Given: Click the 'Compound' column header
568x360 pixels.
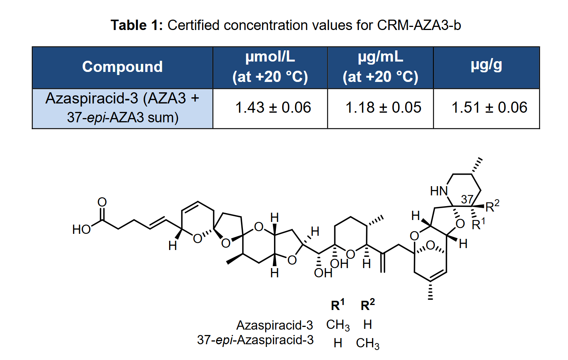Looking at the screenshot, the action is click(122, 67).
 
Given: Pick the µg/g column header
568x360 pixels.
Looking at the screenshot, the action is click(487, 65).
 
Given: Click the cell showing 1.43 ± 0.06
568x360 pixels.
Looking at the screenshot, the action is click(273, 107).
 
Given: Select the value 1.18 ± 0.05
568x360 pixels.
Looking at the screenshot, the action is click(383, 107).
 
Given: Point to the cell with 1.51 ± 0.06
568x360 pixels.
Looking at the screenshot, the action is click(489, 107).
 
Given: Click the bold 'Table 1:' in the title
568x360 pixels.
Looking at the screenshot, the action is click(137, 25).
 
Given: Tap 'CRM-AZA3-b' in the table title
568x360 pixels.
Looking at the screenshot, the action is click(419, 25).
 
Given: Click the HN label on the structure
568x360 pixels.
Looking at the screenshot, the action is click(439, 191).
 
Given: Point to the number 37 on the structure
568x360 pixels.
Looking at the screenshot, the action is click(467, 199).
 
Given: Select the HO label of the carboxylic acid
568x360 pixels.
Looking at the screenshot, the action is click(81, 230).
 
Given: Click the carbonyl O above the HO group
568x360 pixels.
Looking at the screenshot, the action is click(102, 202).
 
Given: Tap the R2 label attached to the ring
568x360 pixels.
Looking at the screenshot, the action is click(492, 206).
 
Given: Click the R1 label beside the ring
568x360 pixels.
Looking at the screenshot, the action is click(478, 224).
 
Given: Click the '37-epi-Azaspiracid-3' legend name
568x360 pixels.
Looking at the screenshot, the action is click(255, 340).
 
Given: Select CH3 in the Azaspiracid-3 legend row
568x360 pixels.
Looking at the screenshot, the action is click(338, 325).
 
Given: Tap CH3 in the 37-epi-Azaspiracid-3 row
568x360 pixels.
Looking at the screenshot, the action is click(368, 344).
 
